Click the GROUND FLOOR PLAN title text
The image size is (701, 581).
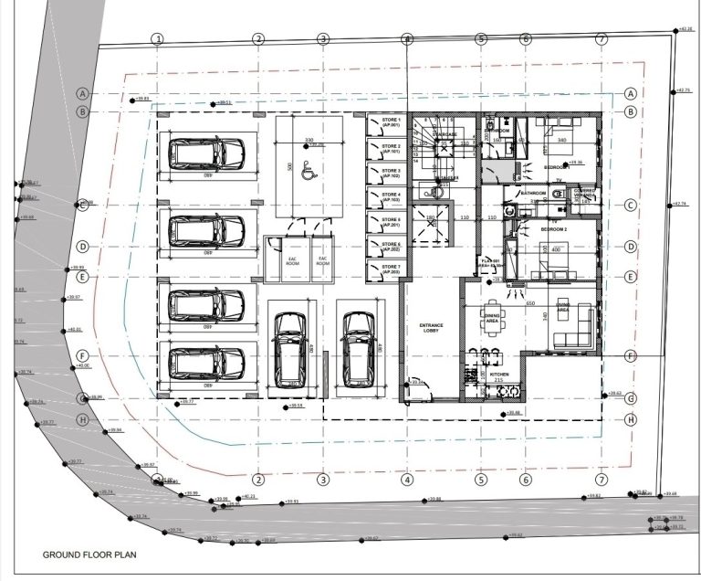86,555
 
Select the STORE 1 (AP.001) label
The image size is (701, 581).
391,123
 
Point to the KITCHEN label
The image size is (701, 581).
498,375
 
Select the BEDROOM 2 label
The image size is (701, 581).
554,228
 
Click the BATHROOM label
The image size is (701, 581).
533,194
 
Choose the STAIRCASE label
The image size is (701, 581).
445,134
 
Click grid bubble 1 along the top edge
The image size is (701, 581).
158,38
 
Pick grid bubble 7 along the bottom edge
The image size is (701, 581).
601,480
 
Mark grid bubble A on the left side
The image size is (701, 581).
82,94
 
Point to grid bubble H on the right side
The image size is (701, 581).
630,419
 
